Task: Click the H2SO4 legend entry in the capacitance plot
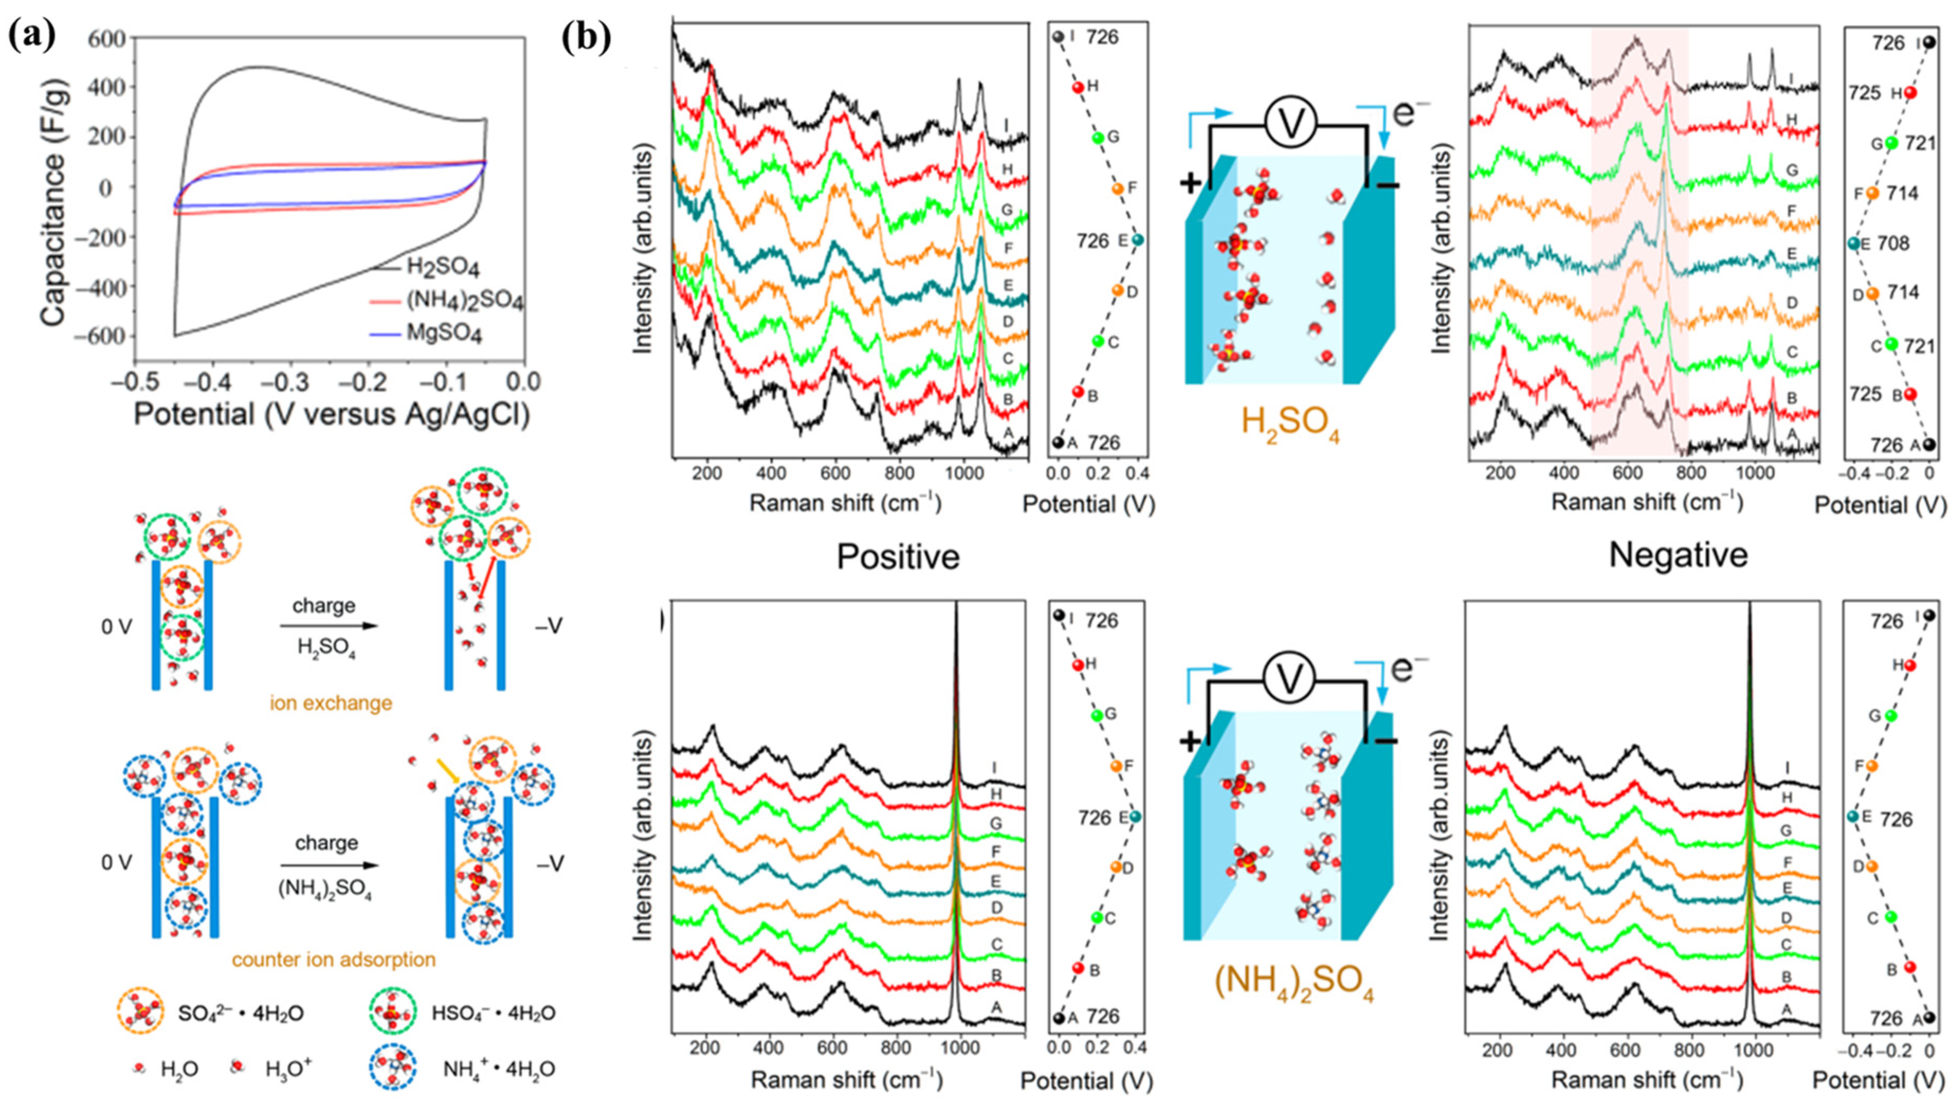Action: [x=443, y=267]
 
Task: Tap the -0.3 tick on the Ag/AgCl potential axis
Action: [x=288, y=381]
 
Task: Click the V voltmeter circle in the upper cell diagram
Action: [x=1291, y=123]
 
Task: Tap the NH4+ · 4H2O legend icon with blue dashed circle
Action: [x=393, y=1069]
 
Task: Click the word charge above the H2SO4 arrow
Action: [x=324, y=606]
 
